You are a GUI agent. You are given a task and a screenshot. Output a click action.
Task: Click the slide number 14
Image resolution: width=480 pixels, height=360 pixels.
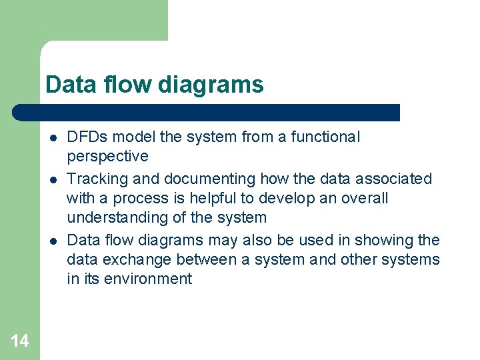pos(20,341)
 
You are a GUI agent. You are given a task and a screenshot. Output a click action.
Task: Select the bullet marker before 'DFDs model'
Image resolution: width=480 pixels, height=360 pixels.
pos(51,137)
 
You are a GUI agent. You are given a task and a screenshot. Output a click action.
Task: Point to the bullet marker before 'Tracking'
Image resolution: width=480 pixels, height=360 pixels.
pos(51,179)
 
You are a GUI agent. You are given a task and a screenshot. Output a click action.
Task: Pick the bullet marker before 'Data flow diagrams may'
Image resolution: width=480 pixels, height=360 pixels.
pos(51,240)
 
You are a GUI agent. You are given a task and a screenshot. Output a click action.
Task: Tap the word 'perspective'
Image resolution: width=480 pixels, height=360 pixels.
pos(107,157)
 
